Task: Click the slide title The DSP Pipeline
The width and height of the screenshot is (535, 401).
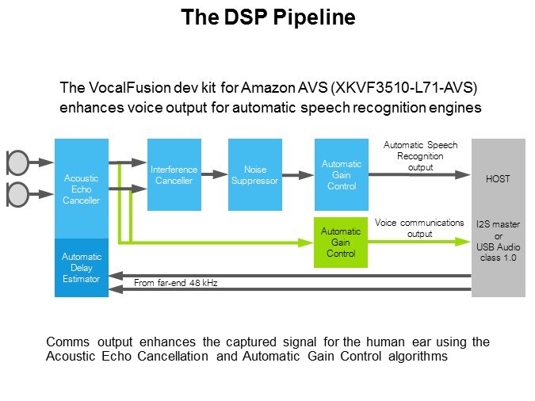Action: [267, 17]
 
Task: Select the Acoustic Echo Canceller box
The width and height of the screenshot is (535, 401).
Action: [81, 188]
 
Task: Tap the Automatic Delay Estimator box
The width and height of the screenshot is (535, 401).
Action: [81, 267]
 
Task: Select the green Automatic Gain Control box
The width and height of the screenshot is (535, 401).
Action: [340, 242]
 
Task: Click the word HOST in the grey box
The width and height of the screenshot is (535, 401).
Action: [498, 180]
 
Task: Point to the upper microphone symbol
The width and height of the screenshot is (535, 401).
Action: [17, 162]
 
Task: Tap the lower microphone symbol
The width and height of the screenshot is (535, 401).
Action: [17, 192]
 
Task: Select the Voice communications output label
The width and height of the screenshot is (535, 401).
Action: [418, 228]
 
